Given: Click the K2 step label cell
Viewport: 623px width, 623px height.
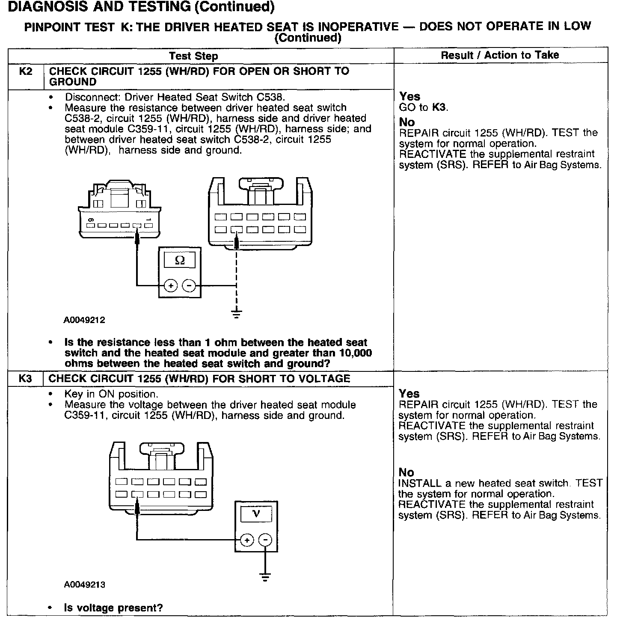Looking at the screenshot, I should coord(26,71).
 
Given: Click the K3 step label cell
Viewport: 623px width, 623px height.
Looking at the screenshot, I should coord(26,379).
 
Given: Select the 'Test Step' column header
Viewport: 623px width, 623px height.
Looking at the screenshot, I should coord(193,56).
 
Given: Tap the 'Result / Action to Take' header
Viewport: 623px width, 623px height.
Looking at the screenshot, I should coord(500,55).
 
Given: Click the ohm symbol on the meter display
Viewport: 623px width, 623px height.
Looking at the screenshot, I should coord(180,260).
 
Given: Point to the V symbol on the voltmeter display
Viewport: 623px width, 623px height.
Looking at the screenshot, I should coord(256,513).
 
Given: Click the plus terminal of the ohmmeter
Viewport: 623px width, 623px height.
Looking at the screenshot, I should coord(170,285).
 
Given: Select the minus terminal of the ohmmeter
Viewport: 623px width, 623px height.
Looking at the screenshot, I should coord(189,285).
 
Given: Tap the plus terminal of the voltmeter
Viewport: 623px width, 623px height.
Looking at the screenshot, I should coord(247,540).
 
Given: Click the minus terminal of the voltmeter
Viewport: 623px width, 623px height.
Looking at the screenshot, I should coord(266,540).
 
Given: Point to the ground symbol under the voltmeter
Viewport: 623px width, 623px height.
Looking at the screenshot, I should coord(266,577).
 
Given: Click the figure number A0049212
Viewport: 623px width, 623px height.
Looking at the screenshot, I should coord(85,320).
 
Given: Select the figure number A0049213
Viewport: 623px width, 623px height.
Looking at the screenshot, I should coord(85,584).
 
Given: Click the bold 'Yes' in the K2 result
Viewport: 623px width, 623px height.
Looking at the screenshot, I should coord(409,96).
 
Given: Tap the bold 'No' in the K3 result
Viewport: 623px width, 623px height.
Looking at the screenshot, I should coord(406,472).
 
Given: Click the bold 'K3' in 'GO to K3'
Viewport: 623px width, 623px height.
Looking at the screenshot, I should coord(439,107).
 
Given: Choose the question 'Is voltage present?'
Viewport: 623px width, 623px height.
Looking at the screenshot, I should coord(113,608).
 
